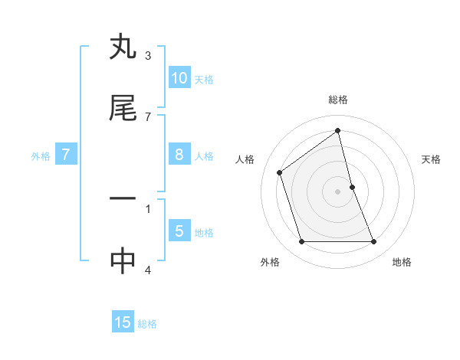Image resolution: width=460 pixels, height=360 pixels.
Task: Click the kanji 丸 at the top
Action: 123,47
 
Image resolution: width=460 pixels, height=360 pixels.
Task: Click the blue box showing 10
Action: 179,78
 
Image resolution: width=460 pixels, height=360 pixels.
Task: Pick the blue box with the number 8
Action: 179,155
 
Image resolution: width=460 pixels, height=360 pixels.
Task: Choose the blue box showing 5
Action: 179,231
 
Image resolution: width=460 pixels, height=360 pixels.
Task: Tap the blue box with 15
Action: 123,322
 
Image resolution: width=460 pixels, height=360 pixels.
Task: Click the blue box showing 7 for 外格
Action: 66,155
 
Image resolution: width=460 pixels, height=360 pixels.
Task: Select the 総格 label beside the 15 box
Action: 147,324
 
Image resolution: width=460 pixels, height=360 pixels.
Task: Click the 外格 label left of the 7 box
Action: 41,156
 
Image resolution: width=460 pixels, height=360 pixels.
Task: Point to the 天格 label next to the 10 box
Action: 203,80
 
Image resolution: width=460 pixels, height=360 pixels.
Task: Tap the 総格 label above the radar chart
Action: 338,100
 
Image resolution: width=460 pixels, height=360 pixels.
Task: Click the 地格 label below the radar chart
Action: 402,263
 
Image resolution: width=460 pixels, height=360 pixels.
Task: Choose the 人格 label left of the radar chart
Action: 245,159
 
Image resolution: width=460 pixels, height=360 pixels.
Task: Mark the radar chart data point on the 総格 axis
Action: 338,130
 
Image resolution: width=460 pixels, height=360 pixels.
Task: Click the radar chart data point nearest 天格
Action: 352,187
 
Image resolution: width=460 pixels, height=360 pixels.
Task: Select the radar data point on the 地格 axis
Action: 374,242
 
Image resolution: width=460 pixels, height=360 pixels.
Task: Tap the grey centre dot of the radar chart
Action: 338,191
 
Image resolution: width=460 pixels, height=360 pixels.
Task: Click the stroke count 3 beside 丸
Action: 148,56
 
